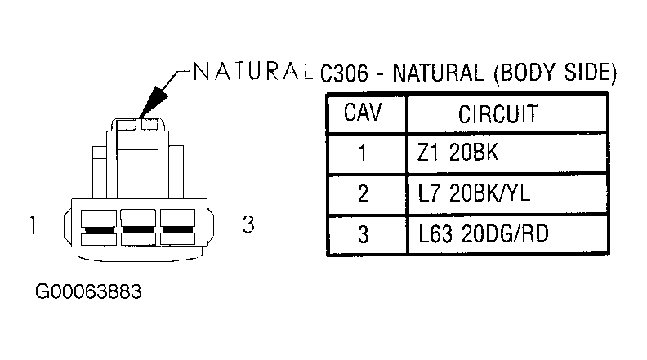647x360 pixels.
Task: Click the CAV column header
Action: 362,113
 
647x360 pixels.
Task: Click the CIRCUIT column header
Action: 498,114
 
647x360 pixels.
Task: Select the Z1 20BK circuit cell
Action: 457,153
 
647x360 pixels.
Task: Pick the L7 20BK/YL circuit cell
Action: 474,193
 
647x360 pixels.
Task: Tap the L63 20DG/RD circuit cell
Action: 483,233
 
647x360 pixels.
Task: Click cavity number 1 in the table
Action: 362,153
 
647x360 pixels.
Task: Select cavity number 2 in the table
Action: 363,193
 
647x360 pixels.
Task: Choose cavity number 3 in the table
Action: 363,234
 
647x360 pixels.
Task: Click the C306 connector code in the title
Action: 344,73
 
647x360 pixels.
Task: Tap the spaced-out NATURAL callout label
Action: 252,71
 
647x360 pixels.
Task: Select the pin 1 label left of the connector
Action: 33,225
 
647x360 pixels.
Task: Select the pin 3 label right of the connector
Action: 248,224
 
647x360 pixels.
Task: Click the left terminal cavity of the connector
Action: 99,227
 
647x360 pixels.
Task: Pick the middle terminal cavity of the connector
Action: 138,227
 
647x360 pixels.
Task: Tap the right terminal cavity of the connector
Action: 177,227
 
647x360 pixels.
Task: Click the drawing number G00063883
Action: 88,291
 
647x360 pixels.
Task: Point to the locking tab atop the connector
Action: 138,125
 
